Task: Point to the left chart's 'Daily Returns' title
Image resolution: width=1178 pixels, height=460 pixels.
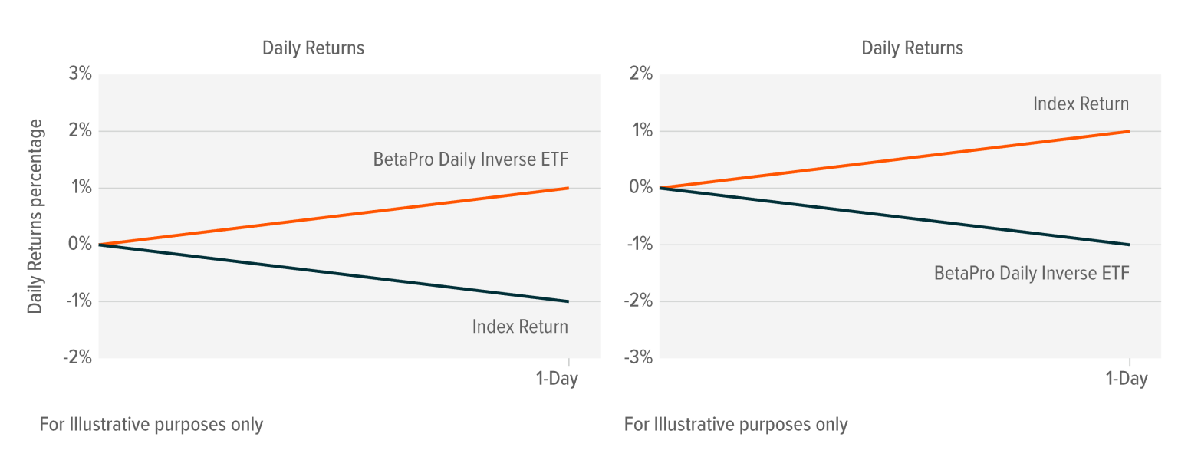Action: pyautogui.click(x=313, y=48)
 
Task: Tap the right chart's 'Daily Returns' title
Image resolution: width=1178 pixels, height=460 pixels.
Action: pyautogui.click(x=912, y=48)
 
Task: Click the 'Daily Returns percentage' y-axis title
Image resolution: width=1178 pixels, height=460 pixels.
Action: pyautogui.click(x=35, y=216)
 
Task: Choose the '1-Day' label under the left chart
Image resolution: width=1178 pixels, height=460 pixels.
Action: pyautogui.click(x=557, y=379)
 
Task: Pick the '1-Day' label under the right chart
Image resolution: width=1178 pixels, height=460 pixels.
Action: pyautogui.click(x=1127, y=379)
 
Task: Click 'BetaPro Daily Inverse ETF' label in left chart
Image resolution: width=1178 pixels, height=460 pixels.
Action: pyautogui.click(x=471, y=159)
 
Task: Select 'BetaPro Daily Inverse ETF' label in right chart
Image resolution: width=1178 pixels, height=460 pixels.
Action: pyautogui.click(x=1032, y=273)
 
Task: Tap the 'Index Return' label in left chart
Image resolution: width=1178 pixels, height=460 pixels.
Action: pyautogui.click(x=520, y=327)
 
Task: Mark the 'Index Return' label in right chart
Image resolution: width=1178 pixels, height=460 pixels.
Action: pyautogui.click(x=1081, y=104)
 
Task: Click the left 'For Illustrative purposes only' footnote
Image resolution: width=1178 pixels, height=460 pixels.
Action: pyautogui.click(x=151, y=424)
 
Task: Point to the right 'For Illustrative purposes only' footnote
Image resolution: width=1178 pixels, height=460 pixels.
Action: pyautogui.click(x=735, y=424)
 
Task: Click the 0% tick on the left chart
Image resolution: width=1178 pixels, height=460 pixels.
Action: pyautogui.click(x=80, y=245)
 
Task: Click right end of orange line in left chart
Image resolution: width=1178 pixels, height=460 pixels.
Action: pyautogui.click(x=568, y=188)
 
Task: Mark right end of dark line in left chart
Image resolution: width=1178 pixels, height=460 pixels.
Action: pyautogui.click(x=568, y=301)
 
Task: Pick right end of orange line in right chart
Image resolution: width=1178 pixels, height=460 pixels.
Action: pyautogui.click(x=1129, y=131)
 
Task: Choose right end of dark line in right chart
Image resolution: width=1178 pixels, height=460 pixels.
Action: pyautogui.click(x=1129, y=245)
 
